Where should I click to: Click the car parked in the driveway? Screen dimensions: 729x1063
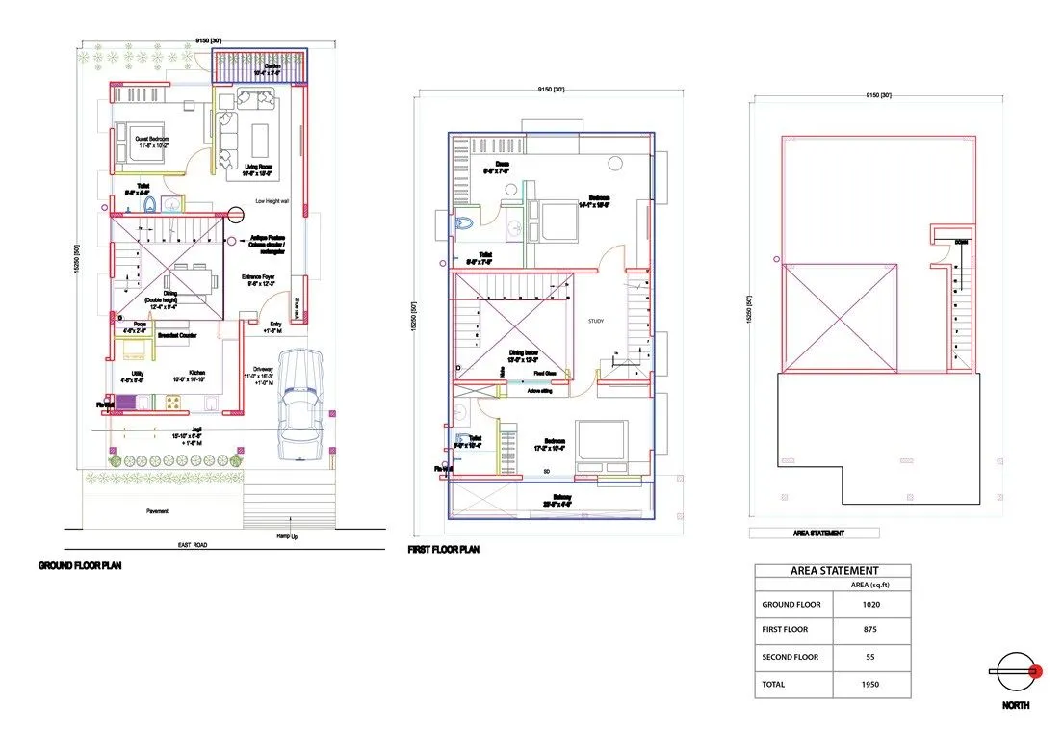point(300,404)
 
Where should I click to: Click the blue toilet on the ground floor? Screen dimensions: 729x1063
point(149,205)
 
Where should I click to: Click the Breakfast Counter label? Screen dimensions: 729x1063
point(177,335)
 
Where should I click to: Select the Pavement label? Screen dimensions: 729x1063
point(159,511)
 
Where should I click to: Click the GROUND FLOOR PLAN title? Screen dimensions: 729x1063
point(79,566)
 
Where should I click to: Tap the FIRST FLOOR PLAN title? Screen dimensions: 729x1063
point(444,550)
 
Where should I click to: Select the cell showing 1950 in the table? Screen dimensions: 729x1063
point(870,685)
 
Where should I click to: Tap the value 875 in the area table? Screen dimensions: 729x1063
point(870,630)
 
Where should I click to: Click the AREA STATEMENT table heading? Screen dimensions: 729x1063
point(833,571)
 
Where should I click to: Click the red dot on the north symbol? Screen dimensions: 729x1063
point(1036,671)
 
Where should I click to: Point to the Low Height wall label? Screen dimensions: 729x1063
point(272,201)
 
